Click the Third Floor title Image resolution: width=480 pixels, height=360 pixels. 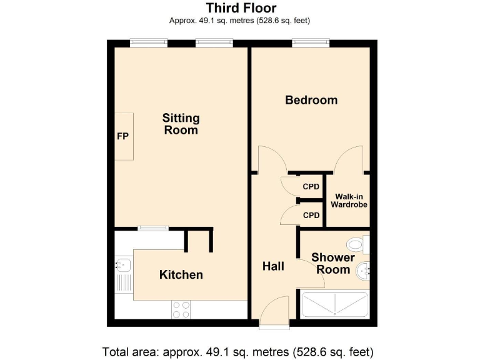click(241, 8)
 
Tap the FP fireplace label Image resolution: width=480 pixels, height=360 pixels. click(122, 136)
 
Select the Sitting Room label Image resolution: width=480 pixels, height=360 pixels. click(181, 124)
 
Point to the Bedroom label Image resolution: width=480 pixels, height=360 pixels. click(311, 100)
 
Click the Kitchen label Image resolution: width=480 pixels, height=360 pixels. click(181, 274)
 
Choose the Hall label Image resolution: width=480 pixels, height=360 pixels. click(273, 266)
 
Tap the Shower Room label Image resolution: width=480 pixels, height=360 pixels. click(332, 263)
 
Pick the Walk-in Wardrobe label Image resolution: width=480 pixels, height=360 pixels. click(349, 200)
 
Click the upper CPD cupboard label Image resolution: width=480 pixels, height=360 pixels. click(311, 186)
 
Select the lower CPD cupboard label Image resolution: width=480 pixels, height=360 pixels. click(311, 216)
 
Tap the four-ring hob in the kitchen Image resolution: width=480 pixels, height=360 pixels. click(181, 309)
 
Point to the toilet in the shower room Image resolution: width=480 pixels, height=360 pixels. click(356, 244)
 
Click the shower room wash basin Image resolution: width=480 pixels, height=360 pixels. click(363, 271)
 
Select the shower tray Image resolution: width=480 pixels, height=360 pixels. click(334, 305)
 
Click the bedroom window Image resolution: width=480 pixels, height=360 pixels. click(311, 42)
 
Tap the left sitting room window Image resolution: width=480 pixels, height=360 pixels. click(149, 42)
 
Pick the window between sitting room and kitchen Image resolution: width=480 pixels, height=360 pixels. click(153, 227)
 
